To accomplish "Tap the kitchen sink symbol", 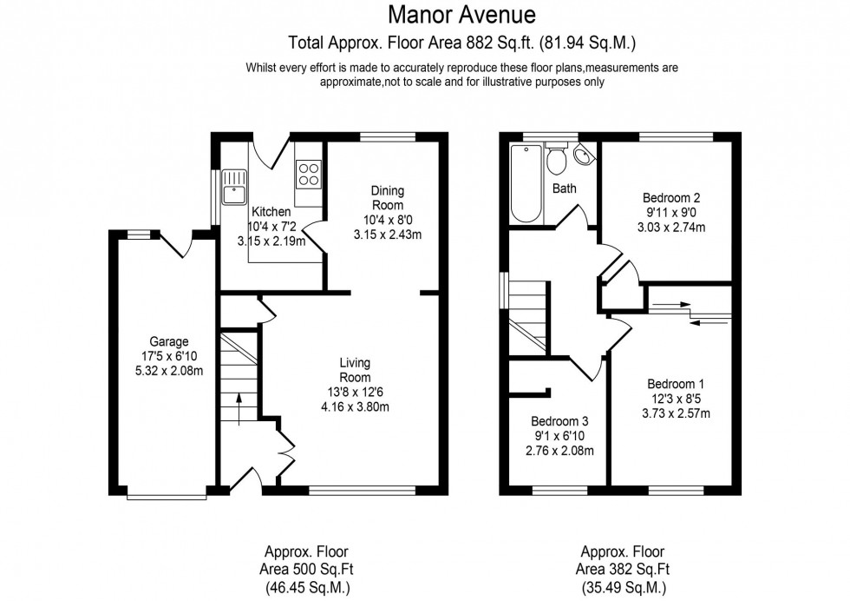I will click(x=233, y=187).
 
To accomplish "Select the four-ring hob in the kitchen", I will click(x=309, y=174).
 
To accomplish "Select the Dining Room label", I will click(x=387, y=197).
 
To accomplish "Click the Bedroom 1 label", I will click(x=675, y=384).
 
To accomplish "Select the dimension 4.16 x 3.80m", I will click(x=354, y=406).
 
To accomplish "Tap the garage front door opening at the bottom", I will click(x=167, y=498).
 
